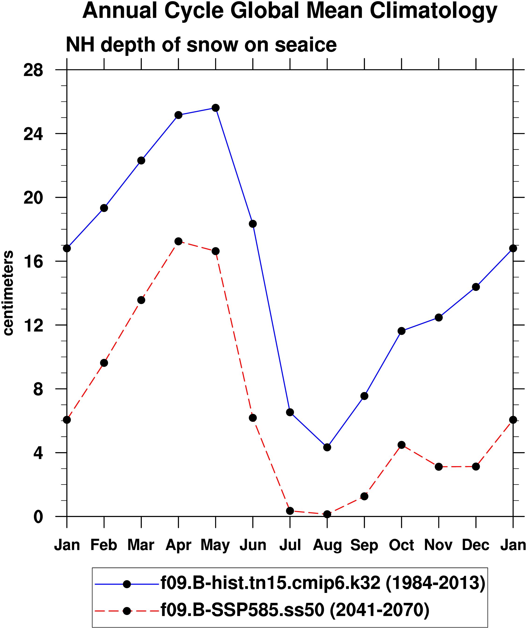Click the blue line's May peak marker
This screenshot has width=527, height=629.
216,108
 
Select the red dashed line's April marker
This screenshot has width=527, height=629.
179,241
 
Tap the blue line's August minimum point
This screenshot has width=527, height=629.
327,447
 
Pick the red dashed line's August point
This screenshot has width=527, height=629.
327,514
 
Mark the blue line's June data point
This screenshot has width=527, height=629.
253,224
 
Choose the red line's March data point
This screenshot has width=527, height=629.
141,300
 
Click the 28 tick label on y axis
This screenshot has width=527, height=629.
33,71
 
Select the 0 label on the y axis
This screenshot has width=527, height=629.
38,517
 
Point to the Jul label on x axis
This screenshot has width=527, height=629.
290,545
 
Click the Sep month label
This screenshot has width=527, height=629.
364,545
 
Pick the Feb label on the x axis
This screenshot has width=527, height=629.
104,545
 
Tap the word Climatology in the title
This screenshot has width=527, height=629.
433,11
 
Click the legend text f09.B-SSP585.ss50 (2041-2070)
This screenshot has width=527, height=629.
295,610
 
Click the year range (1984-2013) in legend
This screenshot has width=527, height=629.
435,583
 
